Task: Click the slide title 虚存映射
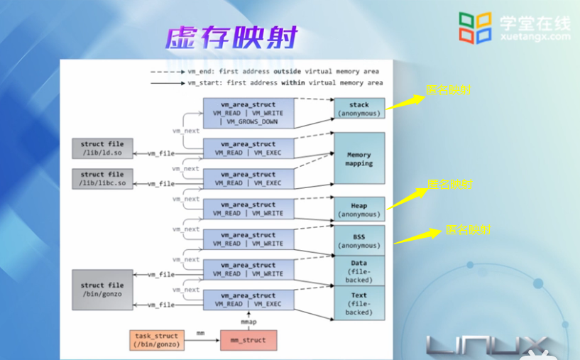click(231, 38)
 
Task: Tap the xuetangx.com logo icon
click(475, 28)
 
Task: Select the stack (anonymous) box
click(359, 109)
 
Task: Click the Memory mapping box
click(359, 158)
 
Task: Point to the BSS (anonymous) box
click(359, 241)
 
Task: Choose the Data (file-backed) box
click(359, 271)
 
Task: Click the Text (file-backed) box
click(359, 303)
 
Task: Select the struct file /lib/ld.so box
click(102, 149)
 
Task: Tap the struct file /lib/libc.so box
click(102, 179)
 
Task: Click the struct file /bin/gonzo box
click(102, 290)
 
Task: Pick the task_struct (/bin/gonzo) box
click(155, 340)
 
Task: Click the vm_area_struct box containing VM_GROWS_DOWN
click(247, 113)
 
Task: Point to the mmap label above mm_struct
click(248, 321)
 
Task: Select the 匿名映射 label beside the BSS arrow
click(468, 230)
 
